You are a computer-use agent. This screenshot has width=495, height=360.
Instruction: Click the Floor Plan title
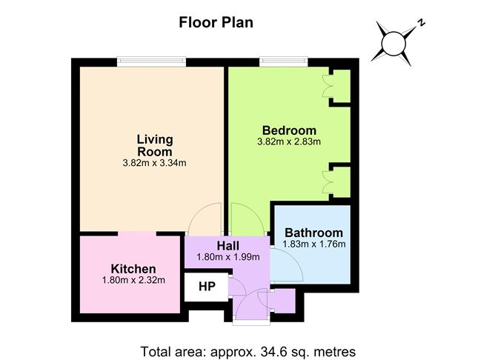pos(216,23)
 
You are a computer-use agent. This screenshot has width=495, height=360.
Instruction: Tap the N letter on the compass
pos(421,22)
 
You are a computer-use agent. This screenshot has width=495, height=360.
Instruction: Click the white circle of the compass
pos(393,44)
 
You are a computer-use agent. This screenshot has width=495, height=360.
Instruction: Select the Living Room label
pos(155,145)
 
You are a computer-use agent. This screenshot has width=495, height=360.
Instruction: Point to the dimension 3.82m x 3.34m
pos(154,163)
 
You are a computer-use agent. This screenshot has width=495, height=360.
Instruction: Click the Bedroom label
pos(289,130)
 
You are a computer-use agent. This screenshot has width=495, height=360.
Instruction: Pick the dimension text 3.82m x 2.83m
pos(289,141)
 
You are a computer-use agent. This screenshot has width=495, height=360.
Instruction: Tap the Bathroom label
pos(313,233)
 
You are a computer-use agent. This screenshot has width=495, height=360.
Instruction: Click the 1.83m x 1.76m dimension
pos(313,244)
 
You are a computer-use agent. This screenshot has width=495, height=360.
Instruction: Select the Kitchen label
pos(133,269)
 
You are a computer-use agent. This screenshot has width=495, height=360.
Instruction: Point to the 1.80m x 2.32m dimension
pos(133,280)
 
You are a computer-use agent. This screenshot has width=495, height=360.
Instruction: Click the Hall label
pos(228,246)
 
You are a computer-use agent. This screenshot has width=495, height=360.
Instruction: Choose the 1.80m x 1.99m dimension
pos(228,257)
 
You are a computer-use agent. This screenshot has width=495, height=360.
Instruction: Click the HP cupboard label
pos(207,287)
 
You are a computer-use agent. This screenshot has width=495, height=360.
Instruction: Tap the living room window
pos(151,61)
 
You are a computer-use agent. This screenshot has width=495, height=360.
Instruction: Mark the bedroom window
pos(284,61)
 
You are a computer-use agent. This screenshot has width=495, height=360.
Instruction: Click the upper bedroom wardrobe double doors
pos(327,86)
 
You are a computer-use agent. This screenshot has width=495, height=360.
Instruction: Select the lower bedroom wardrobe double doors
pos(327,182)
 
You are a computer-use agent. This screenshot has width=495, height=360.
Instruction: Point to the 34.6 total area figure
pos(271,351)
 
